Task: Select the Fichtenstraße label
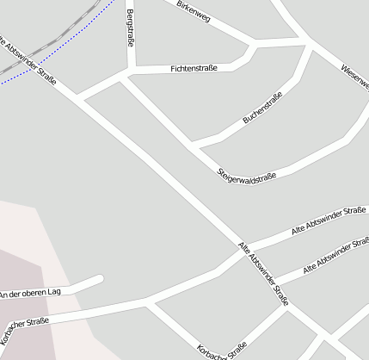194,67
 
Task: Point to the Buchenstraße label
263,110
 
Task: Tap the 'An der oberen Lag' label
31,294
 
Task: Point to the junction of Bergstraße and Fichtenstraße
131,72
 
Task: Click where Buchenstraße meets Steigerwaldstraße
194,142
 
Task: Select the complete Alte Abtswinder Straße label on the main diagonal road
263,274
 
